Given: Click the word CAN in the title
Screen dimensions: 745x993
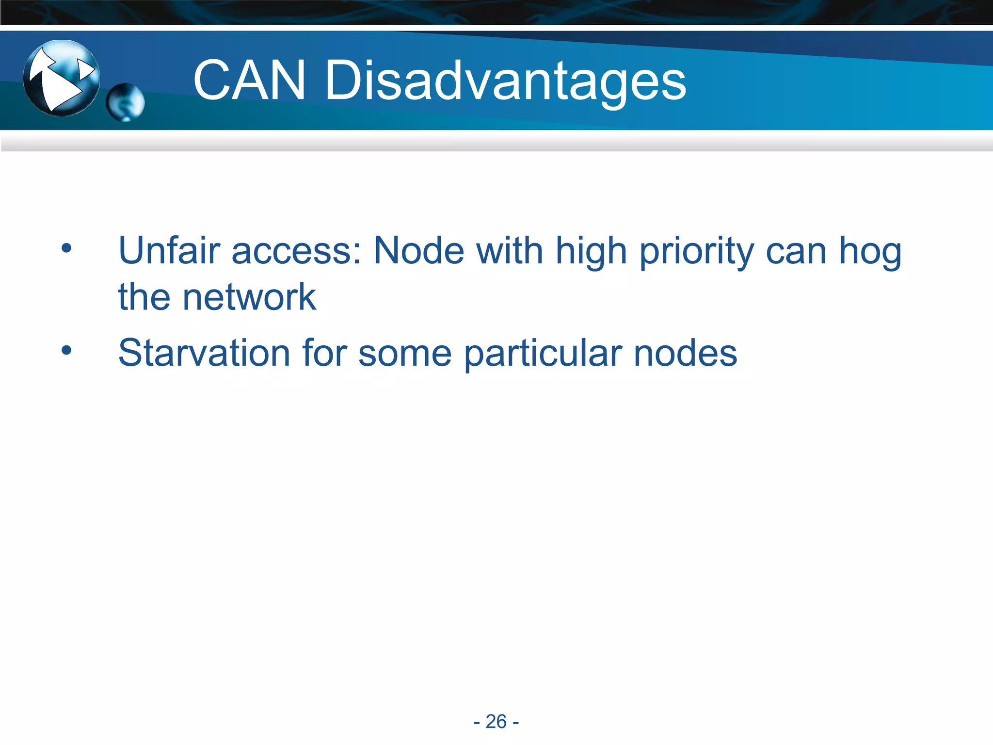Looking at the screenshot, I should point(249,81).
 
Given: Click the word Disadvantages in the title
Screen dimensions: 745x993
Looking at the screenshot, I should point(505,81).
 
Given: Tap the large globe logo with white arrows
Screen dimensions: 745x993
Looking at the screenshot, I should point(62,78).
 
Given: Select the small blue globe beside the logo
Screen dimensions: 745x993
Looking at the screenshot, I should point(125,102).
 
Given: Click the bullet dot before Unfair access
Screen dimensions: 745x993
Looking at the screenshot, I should point(66,249).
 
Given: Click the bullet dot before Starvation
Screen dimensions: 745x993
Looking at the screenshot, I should point(66,350).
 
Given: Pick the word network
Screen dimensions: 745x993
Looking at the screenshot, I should point(249,297).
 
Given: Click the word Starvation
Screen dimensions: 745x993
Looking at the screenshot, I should point(204,353).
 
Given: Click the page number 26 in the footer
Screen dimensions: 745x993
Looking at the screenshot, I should point(496,722).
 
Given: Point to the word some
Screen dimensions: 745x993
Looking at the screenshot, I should point(405,354).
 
